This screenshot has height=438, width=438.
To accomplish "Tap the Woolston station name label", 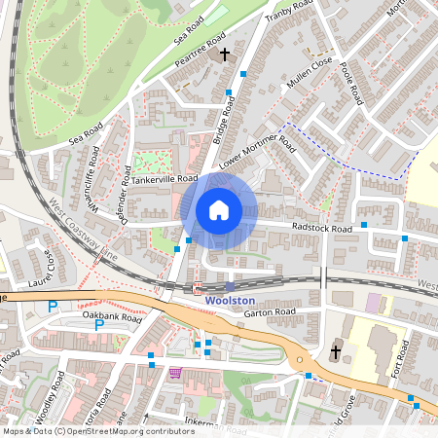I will [x=231, y=301].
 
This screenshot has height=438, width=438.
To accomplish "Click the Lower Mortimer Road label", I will [x=256, y=151].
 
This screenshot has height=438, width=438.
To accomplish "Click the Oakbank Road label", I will [x=112, y=318].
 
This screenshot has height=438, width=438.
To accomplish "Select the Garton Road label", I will [x=270, y=312].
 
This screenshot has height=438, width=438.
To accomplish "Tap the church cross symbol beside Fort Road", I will [x=336, y=351].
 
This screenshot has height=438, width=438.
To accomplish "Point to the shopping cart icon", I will [x=175, y=372].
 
